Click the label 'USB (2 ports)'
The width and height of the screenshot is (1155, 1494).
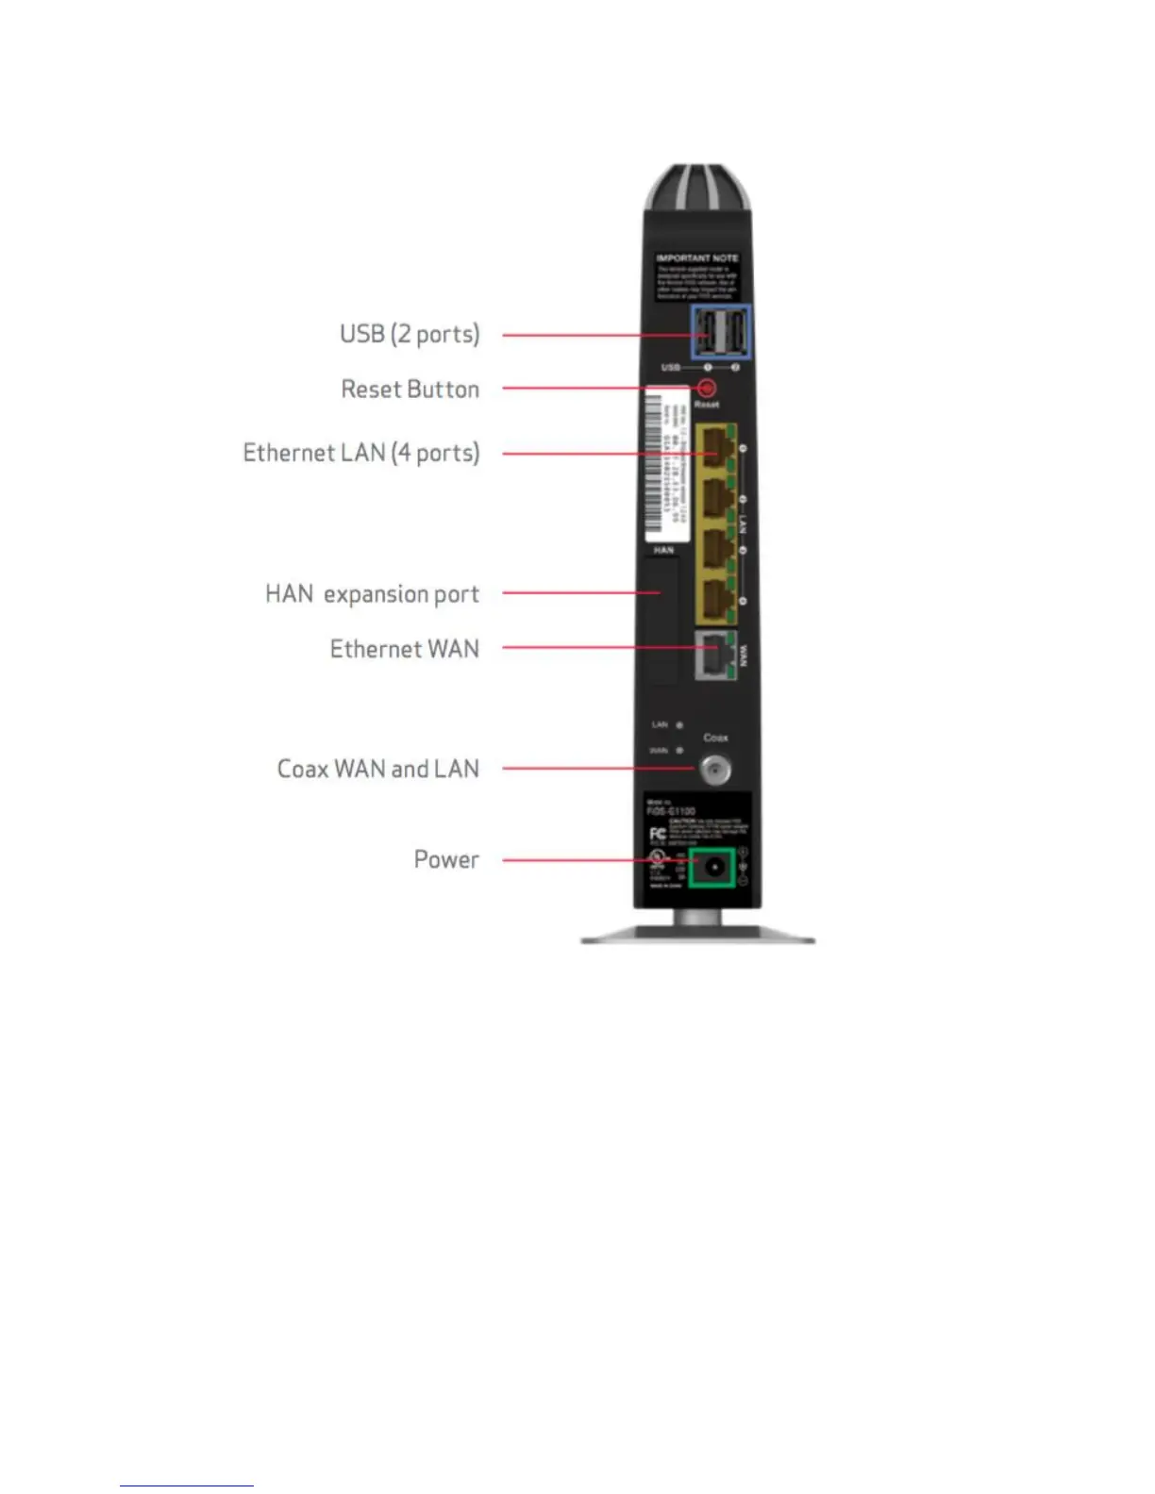410,334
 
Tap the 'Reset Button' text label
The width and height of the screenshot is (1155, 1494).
410,390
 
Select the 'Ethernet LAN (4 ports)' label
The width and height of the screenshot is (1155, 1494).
361,453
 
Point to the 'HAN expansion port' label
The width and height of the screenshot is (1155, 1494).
372,594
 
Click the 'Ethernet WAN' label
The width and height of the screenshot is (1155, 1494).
404,649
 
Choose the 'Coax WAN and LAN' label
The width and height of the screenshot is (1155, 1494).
377,769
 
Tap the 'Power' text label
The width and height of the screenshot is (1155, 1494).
446,859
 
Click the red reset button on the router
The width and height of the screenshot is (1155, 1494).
706,388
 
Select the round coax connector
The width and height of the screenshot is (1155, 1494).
714,770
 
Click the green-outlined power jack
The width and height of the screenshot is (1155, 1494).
713,867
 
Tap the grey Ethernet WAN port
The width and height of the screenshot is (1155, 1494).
714,655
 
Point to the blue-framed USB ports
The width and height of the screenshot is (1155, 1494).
721,333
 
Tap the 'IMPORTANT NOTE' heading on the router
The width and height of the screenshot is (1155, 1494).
697,257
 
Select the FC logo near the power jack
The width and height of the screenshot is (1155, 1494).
658,835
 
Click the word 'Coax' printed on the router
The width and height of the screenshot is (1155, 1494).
715,738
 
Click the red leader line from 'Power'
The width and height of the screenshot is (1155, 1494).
585,860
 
